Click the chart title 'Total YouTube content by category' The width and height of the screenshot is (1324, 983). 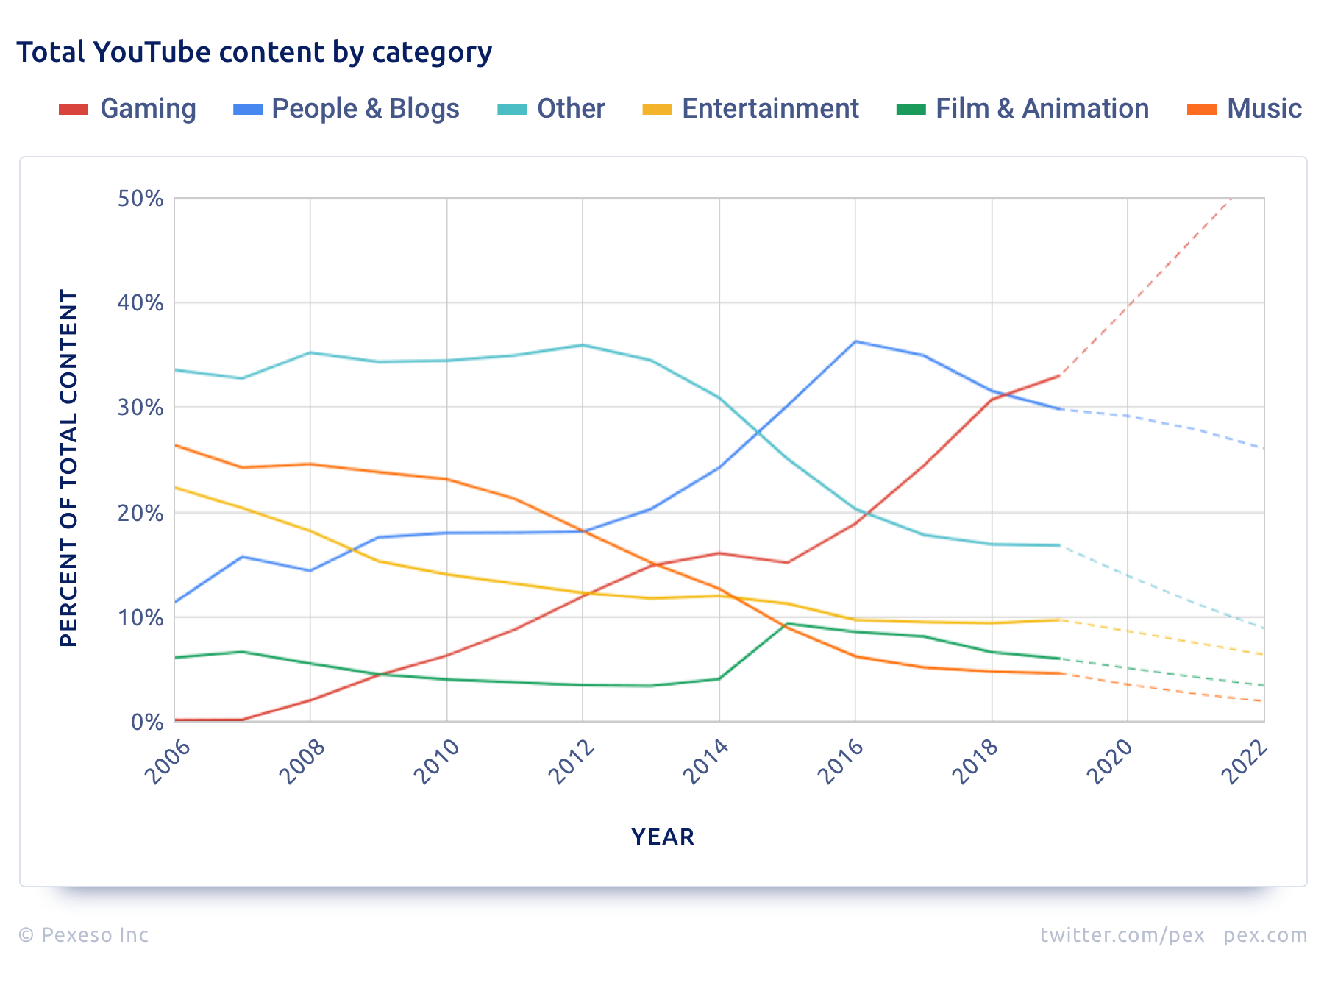click(254, 52)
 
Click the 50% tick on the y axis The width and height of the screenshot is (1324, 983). click(140, 199)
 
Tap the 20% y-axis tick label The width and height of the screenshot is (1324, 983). click(140, 513)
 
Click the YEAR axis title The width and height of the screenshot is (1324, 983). click(663, 837)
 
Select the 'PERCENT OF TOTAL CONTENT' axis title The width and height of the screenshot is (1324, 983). click(69, 468)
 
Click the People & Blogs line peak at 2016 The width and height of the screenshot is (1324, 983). click(855, 341)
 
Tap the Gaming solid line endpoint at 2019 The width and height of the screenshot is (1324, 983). click(1059, 376)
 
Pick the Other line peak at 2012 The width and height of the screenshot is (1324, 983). click(583, 345)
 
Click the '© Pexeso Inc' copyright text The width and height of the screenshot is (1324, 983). click(83, 935)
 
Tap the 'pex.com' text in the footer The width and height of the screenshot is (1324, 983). click(1265, 935)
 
